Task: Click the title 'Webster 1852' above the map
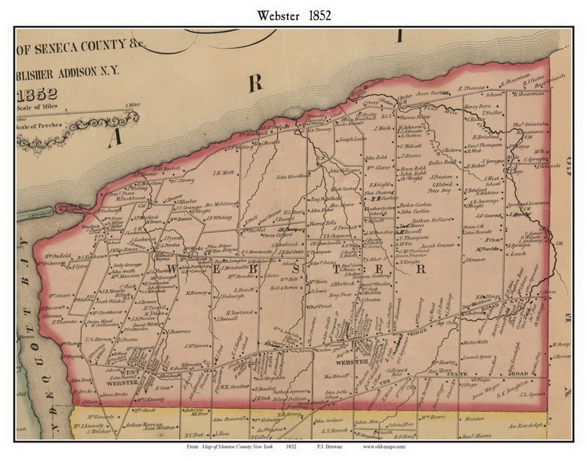click(294, 15)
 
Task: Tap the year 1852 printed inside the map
click(37, 94)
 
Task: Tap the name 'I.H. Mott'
click(223, 173)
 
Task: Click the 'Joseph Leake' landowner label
click(352, 139)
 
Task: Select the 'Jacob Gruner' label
click(438, 246)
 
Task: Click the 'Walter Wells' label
click(475, 342)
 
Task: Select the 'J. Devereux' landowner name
click(178, 332)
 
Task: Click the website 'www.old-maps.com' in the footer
click(384, 447)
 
